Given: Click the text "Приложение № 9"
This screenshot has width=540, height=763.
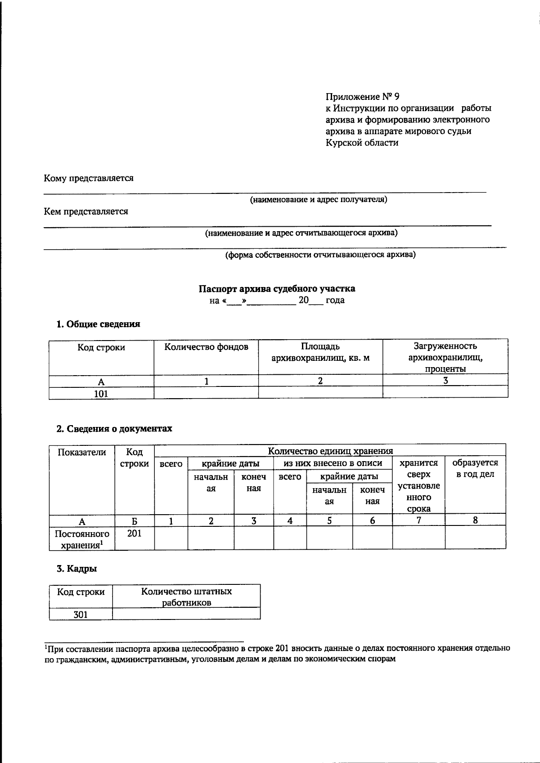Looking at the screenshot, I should point(362,97).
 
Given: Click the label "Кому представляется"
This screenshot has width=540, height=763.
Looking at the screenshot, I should point(88,178).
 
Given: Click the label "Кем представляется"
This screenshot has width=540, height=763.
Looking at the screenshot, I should point(85,211).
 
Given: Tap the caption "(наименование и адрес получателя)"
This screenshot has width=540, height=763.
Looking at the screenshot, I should point(319,199).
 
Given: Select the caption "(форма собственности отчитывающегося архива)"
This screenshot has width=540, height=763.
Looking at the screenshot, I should point(320,255).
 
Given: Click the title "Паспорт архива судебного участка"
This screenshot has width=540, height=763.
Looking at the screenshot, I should point(277,288).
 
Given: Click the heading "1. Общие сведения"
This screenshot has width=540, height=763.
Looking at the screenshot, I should point(98,324).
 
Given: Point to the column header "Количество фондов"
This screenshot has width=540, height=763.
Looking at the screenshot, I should point(206,347).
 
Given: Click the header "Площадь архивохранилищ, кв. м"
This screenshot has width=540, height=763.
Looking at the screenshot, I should point(320,352).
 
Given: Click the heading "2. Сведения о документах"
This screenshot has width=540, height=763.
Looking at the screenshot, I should point(114,429).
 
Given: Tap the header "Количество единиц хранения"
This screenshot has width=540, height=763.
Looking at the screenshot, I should point(330,451).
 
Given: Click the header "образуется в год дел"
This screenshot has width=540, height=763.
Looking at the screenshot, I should point(475,468).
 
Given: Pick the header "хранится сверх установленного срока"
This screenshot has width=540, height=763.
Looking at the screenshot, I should point(419,486).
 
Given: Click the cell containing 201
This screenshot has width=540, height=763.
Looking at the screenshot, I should point(134,534).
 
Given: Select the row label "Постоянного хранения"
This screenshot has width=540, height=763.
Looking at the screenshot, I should point(82,539).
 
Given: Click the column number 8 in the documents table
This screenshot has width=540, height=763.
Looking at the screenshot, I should point(475,521).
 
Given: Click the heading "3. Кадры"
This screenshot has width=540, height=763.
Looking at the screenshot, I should point(77,569).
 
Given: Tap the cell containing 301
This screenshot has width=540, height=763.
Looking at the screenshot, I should point(81,615).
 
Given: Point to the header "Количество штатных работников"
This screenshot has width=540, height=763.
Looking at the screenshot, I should point(186,597).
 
